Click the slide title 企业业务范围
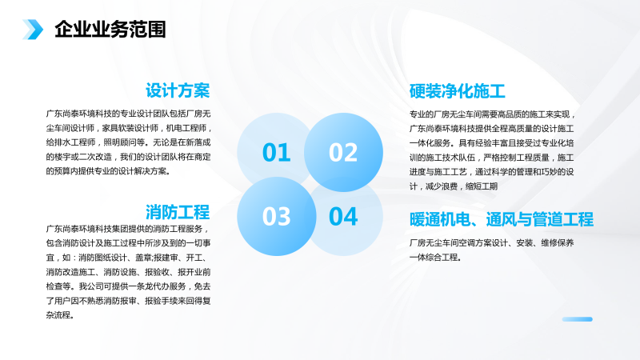110,30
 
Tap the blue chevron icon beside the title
33,30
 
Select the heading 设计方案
178,90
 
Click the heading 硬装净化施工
457,91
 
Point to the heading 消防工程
178,212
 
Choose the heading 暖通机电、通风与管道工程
502,219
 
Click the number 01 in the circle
276,152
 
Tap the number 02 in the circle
343,152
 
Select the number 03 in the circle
276,216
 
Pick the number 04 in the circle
343,216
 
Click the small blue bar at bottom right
577,319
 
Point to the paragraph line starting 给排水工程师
128,142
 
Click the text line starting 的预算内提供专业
108,171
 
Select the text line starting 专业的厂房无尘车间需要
492,114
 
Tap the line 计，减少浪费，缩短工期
454,186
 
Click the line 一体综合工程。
435,258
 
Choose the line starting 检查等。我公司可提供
128,286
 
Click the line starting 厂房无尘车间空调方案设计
491,243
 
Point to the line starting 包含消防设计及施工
128,243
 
